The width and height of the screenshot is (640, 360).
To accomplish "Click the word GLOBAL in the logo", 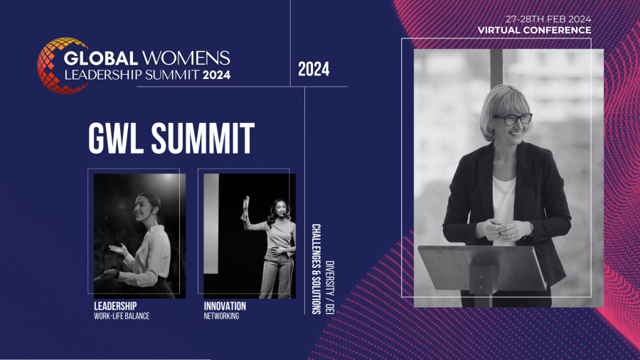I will [95, 58].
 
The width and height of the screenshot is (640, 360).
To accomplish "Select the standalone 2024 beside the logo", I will [314, 70].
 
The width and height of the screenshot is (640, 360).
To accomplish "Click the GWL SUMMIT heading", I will [171, 138].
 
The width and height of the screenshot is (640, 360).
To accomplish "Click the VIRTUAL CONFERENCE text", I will [534, 30].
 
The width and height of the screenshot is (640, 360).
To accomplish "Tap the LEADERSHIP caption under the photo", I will [115, 306].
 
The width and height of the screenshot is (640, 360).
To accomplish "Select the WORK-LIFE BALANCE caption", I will [122, 316].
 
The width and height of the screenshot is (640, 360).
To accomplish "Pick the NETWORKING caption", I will [221, 316].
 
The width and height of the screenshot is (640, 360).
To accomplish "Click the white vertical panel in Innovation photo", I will [211, 223].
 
